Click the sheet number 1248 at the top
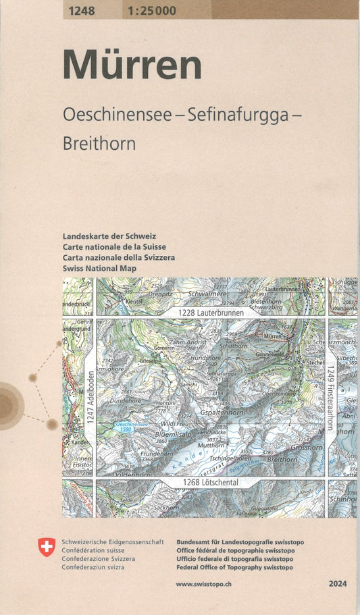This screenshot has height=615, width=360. [x=81, y=10]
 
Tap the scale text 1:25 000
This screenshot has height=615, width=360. [x=151, y=10]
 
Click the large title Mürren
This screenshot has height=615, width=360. [x=132, y=66]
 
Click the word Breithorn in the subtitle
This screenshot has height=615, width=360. [x=99, y=144]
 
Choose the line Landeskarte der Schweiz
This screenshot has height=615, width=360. [x=109, y=236]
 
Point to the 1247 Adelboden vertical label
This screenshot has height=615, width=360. [x=91, y=398]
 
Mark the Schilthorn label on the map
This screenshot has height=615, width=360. [x=234, y=346]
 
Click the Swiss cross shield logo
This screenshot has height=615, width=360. [x=47, y=547]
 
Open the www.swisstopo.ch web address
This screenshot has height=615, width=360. [x=205, y=584]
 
